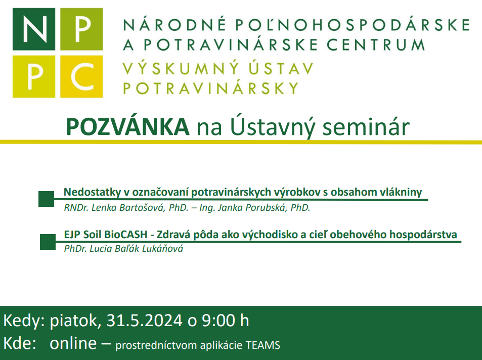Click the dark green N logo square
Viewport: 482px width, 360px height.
[x=34, y=29]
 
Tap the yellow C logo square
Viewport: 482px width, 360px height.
[x=81, y=76]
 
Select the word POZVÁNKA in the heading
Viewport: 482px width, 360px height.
[x=127, y=127]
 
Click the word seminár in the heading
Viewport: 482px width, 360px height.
[x=366, y=127]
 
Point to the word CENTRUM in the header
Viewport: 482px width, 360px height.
[x=376, y=45]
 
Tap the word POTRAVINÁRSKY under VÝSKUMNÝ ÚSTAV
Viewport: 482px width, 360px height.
[x=211, y=88]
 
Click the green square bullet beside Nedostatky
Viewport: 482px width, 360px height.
[x=47, y=199]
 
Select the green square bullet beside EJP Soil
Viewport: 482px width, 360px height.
[x=48, y=242]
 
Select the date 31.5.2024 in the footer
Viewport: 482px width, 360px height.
[x=145, y=321]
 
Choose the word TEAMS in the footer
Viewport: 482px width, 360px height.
[x=263, y=345]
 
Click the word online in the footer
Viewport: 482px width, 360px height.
[x=73, y=343]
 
